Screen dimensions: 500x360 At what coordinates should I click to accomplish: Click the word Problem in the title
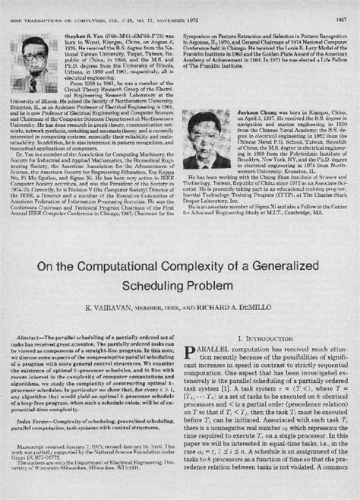click(221, 265)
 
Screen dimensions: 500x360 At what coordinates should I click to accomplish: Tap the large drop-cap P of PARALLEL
click(191, 332)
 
